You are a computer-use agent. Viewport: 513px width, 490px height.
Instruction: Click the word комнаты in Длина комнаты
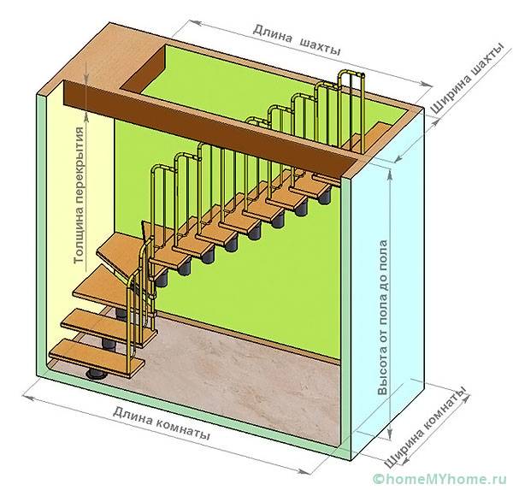pos(182,425)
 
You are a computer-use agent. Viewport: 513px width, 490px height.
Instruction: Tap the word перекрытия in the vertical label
pos(80,158)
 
